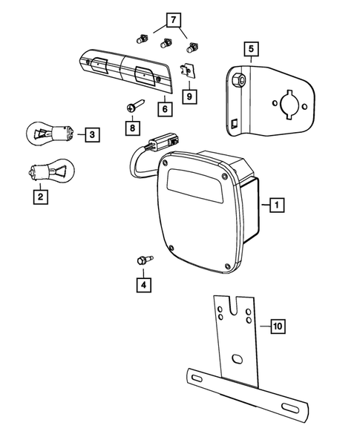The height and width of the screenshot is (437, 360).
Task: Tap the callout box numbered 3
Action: coord(91,134)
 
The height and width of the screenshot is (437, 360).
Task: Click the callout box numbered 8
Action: coord(132,128)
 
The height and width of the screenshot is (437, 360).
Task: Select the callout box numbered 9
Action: coord(189,96)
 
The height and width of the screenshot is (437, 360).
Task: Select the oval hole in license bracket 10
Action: coord(237,360)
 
